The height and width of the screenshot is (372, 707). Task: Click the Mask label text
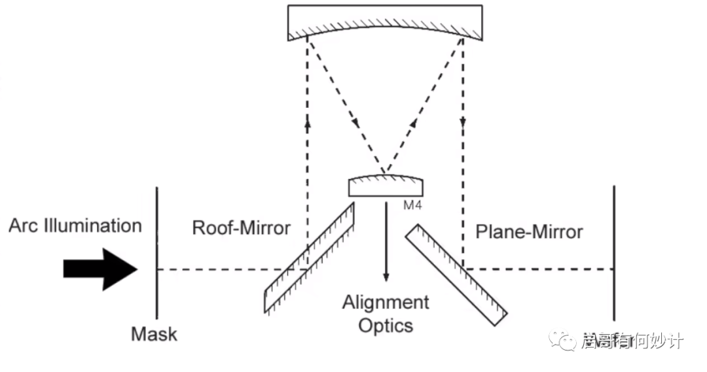click(154, 334)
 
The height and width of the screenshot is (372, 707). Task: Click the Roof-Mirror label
click(241, 228)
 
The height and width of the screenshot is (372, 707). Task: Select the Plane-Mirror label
click(529, 231)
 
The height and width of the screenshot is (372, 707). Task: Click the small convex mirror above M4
click(385, 184)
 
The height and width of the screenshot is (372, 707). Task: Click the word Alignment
click(386, 303)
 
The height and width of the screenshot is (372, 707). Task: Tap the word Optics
click(386, 325)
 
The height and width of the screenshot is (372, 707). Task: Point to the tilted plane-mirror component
click(456, 275)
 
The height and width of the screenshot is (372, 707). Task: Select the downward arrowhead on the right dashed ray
click(463, 123)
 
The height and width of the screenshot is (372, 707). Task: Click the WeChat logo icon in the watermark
click(563, 339)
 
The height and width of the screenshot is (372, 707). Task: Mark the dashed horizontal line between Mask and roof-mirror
click(223, 269)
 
